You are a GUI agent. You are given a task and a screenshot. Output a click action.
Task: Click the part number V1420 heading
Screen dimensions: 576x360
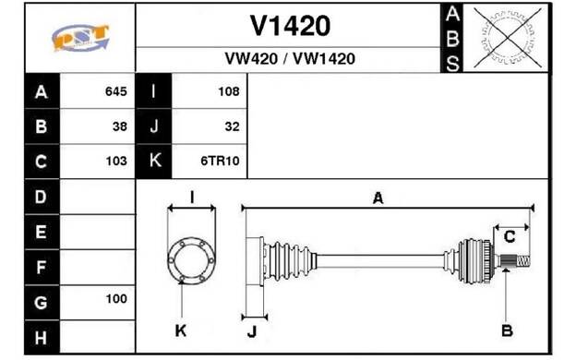tap(290, 26)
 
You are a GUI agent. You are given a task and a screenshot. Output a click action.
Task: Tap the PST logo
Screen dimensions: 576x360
tap(80, 38)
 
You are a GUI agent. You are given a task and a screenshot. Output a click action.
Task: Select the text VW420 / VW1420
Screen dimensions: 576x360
tap(290, 58)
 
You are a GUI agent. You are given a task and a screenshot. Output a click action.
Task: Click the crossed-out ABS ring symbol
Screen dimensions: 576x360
tap(508, 38)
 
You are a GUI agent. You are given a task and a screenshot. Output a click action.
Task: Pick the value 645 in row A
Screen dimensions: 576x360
tap(116, 91)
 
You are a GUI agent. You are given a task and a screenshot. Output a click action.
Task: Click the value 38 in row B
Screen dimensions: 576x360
tap(120, 126)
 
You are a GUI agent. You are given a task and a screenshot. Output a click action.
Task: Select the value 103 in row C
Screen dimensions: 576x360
tap(116, 161)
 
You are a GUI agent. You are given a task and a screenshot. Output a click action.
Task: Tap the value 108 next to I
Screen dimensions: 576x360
tap(229, 91)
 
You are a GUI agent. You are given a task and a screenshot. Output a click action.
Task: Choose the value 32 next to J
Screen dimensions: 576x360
tap(233, 126)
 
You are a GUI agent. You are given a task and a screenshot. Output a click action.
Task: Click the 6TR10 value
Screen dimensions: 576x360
tap(220, 161)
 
